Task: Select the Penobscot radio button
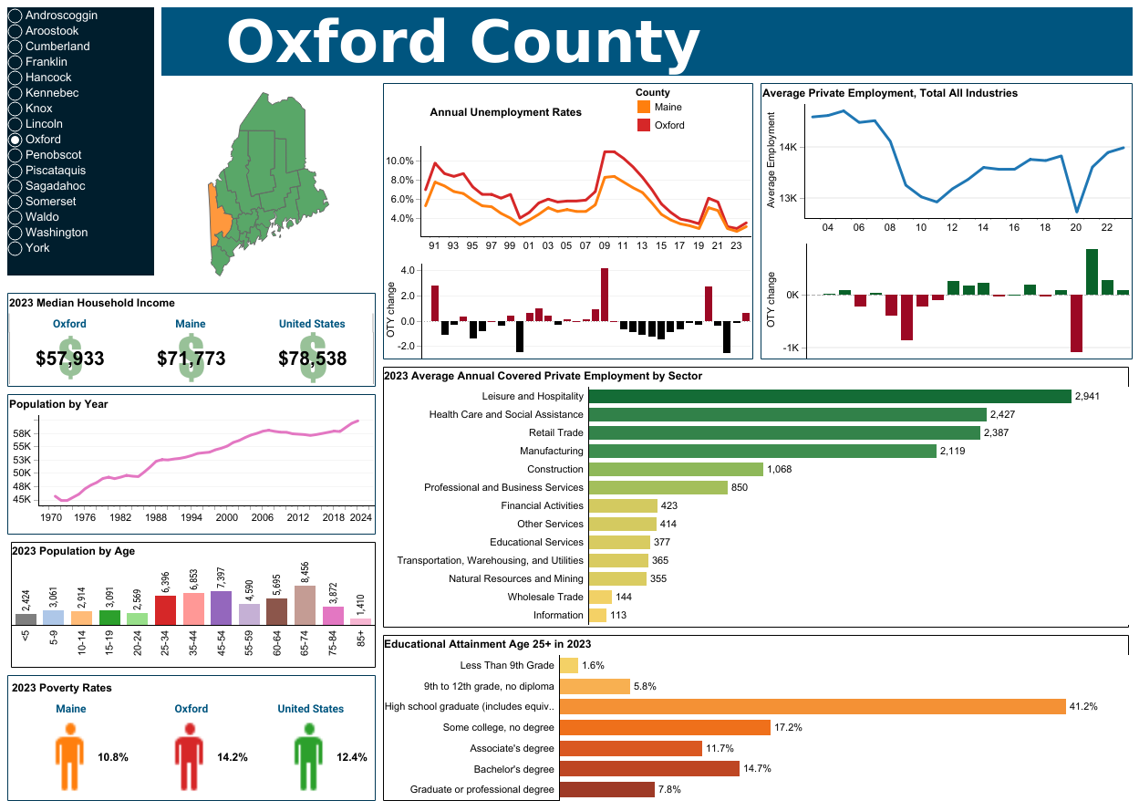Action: [x=15, y=155]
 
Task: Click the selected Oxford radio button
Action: [x=15, y=140]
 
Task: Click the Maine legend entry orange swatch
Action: [x=644, y=108]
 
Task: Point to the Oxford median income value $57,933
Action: [x=70, y=359]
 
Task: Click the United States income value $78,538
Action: [x=312, y=359]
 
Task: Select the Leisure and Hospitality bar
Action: [x=829, y=397]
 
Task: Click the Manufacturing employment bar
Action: [x=762, y=452]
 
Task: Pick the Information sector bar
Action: [x=597, y=616]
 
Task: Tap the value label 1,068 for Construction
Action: [x=780, y=470]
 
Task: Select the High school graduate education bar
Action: [x=812, y=706]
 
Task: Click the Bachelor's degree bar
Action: [x=648, y=769]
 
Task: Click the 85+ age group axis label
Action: [x=361, y=637]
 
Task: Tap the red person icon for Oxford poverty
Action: [x=188, y=757]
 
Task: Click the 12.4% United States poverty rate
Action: [x=351, y=757]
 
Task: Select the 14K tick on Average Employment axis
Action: [x=788, y=147]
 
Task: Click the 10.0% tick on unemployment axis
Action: [x=402, y=161]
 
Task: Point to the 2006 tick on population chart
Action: [x=263, y=517]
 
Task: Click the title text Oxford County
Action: [x=462, y=42]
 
